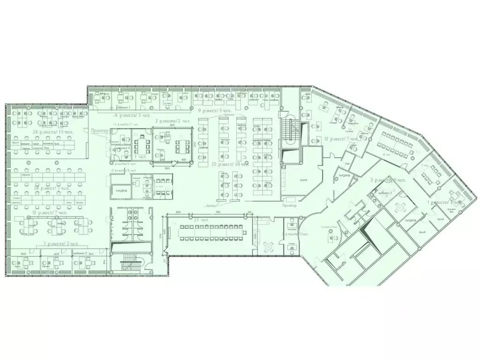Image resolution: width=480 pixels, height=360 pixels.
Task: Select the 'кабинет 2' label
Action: click(80, 254)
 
